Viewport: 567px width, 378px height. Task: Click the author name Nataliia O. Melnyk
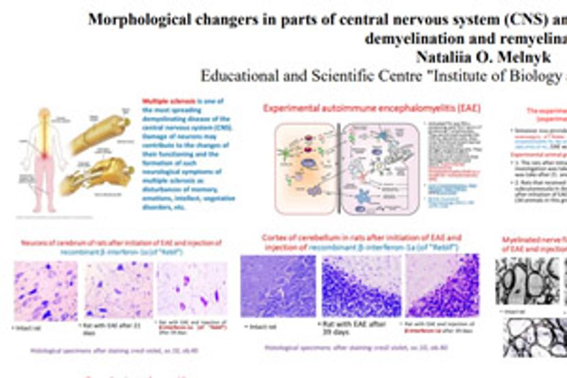coord(473,57)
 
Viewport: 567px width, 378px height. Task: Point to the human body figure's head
coord(44,114)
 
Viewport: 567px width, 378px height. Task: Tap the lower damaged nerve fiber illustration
coord(103,177)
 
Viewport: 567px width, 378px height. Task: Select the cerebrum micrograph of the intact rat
coord(45,290)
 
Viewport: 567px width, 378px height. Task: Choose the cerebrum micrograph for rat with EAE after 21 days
coord(118,289)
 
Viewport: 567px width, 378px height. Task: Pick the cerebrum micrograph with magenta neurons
coord(191,289)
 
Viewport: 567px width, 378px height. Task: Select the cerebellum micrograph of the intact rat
coord(278,286)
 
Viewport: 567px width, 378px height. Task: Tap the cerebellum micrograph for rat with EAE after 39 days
coord(362,286)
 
